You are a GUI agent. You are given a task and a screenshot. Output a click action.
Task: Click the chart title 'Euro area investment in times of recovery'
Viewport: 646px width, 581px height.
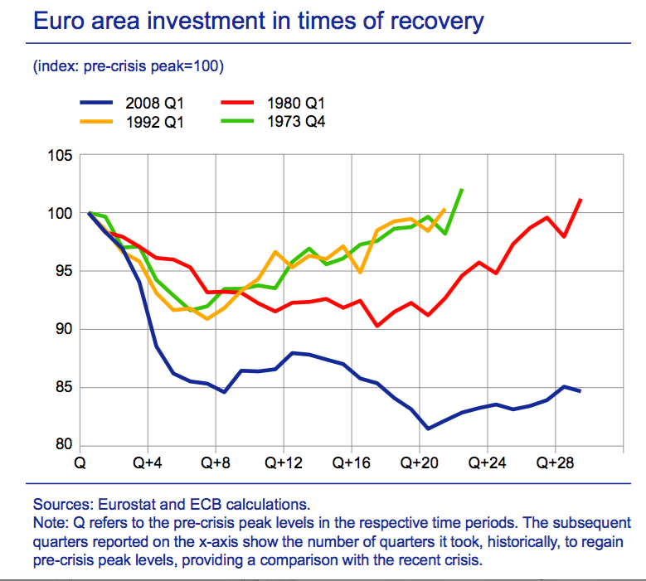coord(258,20)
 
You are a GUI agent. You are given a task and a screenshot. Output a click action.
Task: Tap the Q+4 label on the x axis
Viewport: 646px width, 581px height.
coord(147,462)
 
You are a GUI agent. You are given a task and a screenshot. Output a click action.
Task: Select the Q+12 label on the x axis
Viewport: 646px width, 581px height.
coord(283,462)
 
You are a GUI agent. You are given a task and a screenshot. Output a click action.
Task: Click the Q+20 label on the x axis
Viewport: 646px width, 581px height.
coord(419,462)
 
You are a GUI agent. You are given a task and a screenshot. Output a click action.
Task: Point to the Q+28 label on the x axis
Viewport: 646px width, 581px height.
coord(555,462)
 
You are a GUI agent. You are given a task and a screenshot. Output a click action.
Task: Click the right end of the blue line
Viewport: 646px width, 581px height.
coord(580,390)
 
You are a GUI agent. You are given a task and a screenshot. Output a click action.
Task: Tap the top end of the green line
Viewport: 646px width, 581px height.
coord(462,190)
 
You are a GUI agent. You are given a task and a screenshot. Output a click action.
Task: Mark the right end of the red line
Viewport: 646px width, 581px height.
coord(580,199)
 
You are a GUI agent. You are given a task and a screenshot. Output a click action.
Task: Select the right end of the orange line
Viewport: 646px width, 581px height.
coord(445,210)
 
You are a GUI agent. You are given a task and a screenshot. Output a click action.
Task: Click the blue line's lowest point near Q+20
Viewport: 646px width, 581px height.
coord(428,428)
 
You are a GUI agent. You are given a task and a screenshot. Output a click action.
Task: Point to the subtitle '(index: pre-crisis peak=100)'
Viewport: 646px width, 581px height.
coord(129,65)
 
